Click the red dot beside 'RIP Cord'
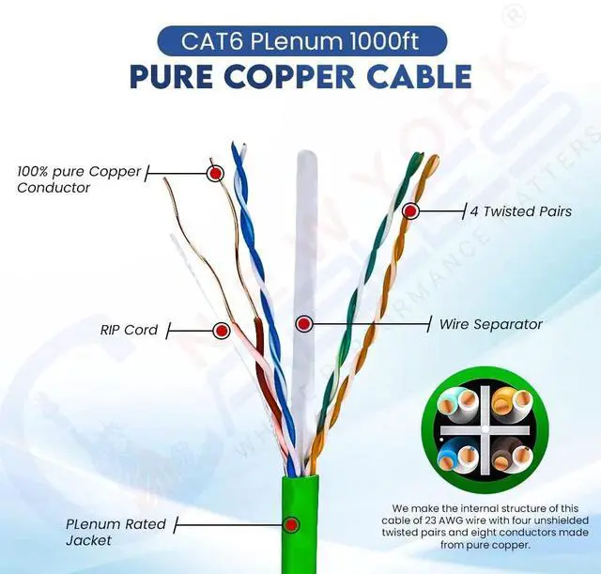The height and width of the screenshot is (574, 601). [222, 330]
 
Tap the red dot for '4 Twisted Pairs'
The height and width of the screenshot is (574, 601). [410, 210]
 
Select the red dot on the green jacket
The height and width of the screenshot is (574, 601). [292, 524]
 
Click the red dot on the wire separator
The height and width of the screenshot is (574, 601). [304, 324]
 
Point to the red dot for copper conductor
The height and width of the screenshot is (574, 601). [215, 173]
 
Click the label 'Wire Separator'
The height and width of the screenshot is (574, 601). [490, 324]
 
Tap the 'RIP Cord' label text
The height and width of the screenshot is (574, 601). [129, 330]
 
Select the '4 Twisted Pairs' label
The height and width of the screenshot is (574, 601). [521, 211]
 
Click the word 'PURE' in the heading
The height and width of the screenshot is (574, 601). [173, 76]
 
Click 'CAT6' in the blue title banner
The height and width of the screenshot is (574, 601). [211, 41]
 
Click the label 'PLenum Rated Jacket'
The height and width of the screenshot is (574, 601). [116, 533]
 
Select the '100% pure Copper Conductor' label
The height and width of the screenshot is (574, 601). [79, 179]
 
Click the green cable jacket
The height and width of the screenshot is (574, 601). [300, 524]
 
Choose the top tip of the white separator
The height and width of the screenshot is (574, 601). [307, 150]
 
